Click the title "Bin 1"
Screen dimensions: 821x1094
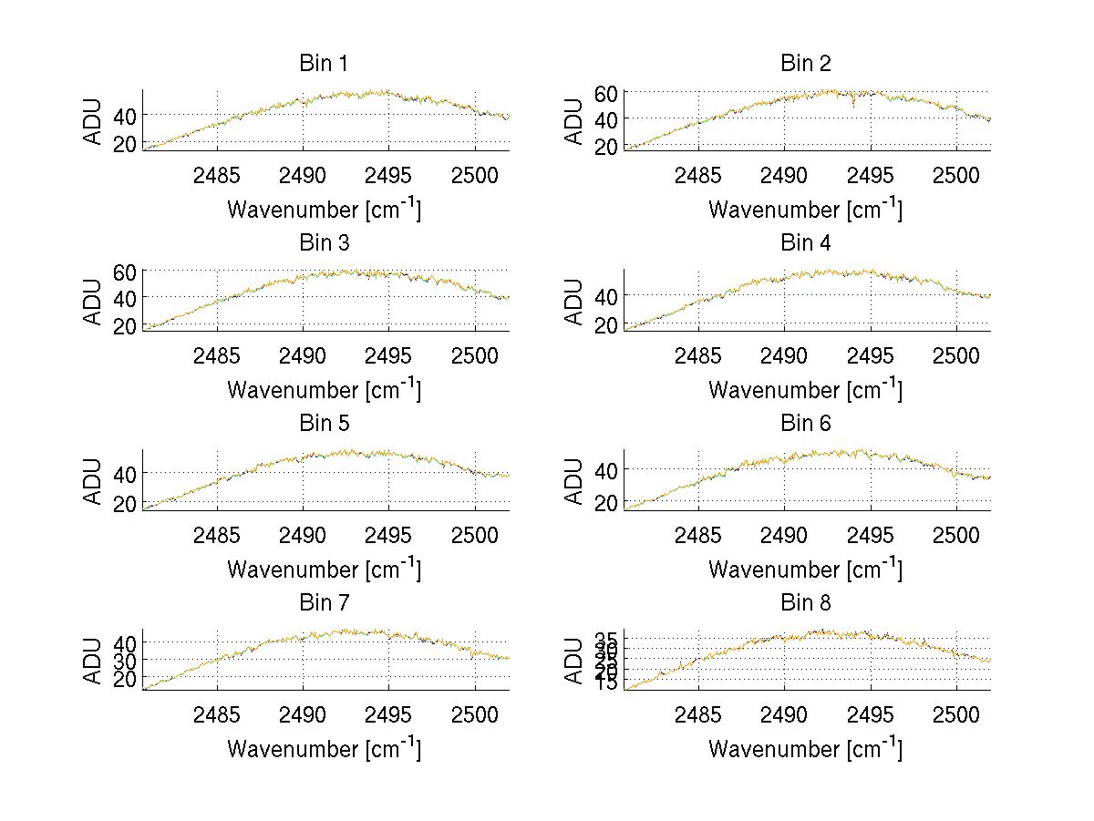pyautogui.click(x=323, y=64)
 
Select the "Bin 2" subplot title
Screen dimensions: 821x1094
pyautogui.click(x=805, y=64)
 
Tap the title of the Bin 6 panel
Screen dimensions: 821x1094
pyautogui.click(x=805, y=424)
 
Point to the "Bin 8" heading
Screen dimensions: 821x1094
pyautogui.click(x=805, y=603)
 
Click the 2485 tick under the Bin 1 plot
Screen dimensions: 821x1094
pyautogui.click(x=217, y=175)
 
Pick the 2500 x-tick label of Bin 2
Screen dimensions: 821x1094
pyautogui.click(x=955, y=175)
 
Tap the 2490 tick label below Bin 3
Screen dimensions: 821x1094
pyautogui.click(x=303, y=355)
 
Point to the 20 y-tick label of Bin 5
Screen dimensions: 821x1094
pyautogui.click(x=126, y=503)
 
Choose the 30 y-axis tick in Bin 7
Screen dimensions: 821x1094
pyautogui.click(x=126, y=660)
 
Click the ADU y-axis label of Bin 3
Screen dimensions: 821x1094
pyautogui.click(x=93, y=302)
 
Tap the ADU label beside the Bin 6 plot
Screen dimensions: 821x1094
pyautogui.click(x=574, y=481)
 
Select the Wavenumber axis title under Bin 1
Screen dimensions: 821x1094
pyautogui.click(x=324, y=209)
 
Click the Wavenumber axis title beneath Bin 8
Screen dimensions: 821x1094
pyautogui.click(x=805, y=748)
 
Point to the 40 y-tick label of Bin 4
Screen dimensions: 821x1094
pyautogui.click(x=607, y=295)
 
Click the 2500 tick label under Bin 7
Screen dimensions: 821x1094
pyautogui.click(x=474, y=714)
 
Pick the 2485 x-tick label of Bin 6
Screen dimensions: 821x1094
pyautogui.click(x=698, y=535)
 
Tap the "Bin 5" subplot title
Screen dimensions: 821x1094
pyautogui.click(x=323, y=424)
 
